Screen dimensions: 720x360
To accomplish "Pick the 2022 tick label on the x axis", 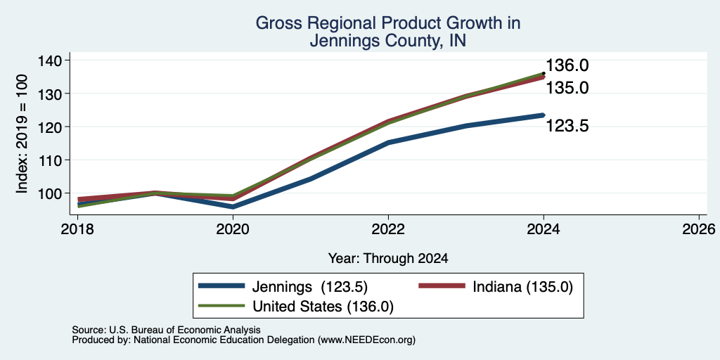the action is (388, 229).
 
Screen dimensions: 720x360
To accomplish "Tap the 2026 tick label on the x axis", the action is (699, 229).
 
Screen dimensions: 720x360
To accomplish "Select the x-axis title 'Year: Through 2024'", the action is (388, 259).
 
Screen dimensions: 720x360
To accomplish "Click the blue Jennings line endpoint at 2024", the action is (544, 115).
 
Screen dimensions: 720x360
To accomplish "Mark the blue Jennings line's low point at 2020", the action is (233, 207).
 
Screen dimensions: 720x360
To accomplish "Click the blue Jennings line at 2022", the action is (388, 142).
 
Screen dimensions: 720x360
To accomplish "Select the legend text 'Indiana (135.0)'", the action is (523, 287).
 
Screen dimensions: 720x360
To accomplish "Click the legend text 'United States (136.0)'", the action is (323, 307).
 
